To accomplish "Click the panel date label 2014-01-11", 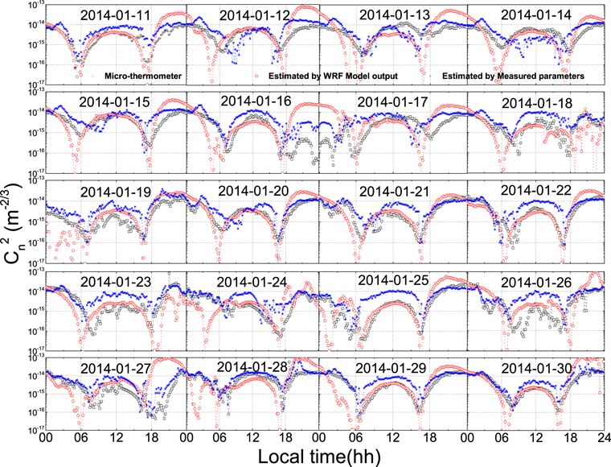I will click(120, 14).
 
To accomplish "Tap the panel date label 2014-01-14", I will click(533, 14).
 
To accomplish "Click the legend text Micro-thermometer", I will click(134, 76).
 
